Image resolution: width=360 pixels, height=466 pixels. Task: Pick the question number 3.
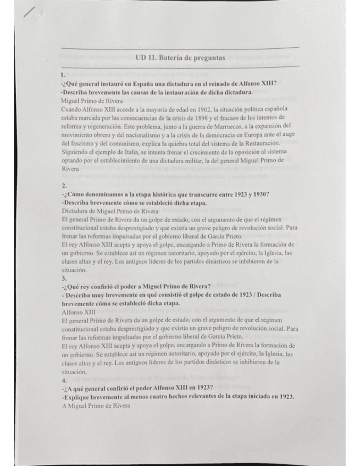pos(64,278)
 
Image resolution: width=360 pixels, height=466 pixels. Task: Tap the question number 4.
pos(64,380)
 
